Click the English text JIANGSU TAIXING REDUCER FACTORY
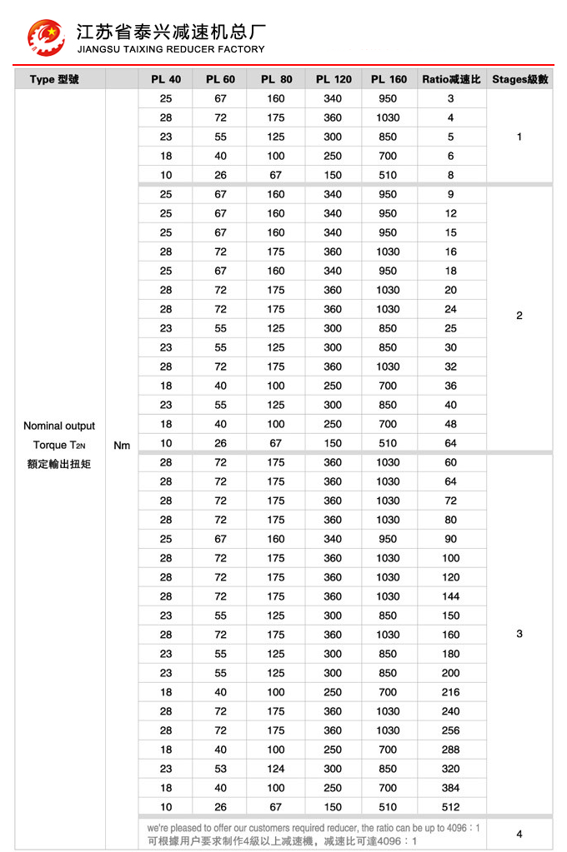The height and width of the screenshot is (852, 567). point(170,49)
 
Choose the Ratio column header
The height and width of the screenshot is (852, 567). point(451,79)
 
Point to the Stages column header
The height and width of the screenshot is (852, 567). point(519,79)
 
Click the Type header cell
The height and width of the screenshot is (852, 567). point(54,79)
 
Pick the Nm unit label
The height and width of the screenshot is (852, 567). point(122,445)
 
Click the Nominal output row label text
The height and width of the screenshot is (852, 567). point(59,426)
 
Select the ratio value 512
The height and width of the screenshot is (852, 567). point(451,806)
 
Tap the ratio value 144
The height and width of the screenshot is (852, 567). point(451,596)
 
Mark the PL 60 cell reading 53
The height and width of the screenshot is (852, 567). point(220,769)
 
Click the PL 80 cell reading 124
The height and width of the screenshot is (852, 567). point(276,769)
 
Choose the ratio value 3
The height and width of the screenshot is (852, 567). point(451,98)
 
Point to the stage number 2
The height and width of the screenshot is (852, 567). point(519,315)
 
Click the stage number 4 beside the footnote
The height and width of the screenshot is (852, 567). point(519,834)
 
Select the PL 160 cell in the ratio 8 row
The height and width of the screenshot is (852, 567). point(388,175)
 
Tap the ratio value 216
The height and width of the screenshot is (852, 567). point(451,692)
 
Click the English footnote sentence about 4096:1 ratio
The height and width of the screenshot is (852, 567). point(314,828)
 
